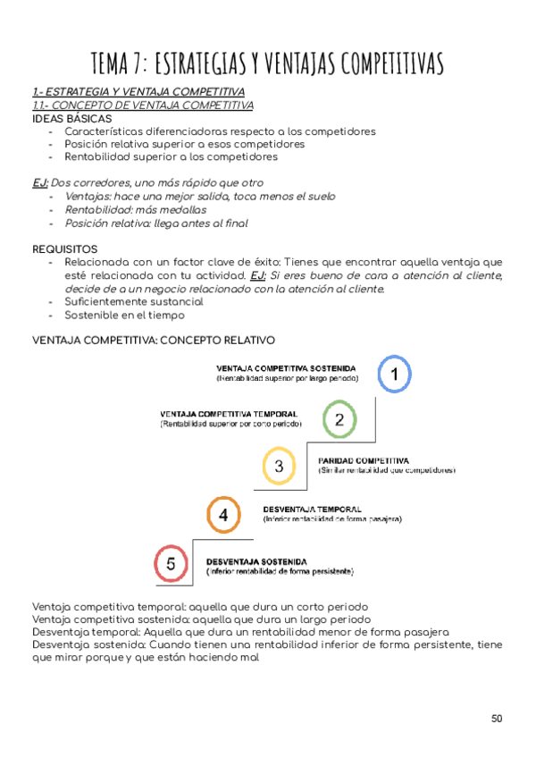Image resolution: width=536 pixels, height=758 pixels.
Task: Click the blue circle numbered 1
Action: [x=394, y=374]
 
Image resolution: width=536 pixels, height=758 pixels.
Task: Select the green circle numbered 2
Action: [x=339, y=419]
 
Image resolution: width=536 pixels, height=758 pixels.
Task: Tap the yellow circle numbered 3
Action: [x=279, y=466]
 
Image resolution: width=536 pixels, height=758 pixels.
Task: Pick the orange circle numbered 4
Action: [x=223, y=515]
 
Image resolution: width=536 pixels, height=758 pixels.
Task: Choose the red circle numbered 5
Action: [x=171, y=564]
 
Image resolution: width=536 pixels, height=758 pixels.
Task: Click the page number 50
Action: [x=498, y=718]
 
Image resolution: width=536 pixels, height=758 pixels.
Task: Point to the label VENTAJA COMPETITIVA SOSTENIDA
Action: [x=287, y=368]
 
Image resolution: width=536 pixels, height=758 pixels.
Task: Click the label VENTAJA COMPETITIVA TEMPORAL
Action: [x=230, y=415]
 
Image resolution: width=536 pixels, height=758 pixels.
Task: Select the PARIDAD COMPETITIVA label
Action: [x=364, y=460]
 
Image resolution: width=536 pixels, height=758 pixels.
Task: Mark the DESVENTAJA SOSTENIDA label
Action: [x=258, y=560]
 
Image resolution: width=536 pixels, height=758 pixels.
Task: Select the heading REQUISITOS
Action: [x=65, y=248]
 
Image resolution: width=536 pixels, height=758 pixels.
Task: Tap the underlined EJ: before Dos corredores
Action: [x=40, y=183]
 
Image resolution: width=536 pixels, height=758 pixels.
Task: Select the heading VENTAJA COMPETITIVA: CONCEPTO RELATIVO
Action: [x=154, y=340]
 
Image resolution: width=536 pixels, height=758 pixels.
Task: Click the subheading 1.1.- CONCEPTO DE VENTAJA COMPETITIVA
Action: [x=143, y=105]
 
